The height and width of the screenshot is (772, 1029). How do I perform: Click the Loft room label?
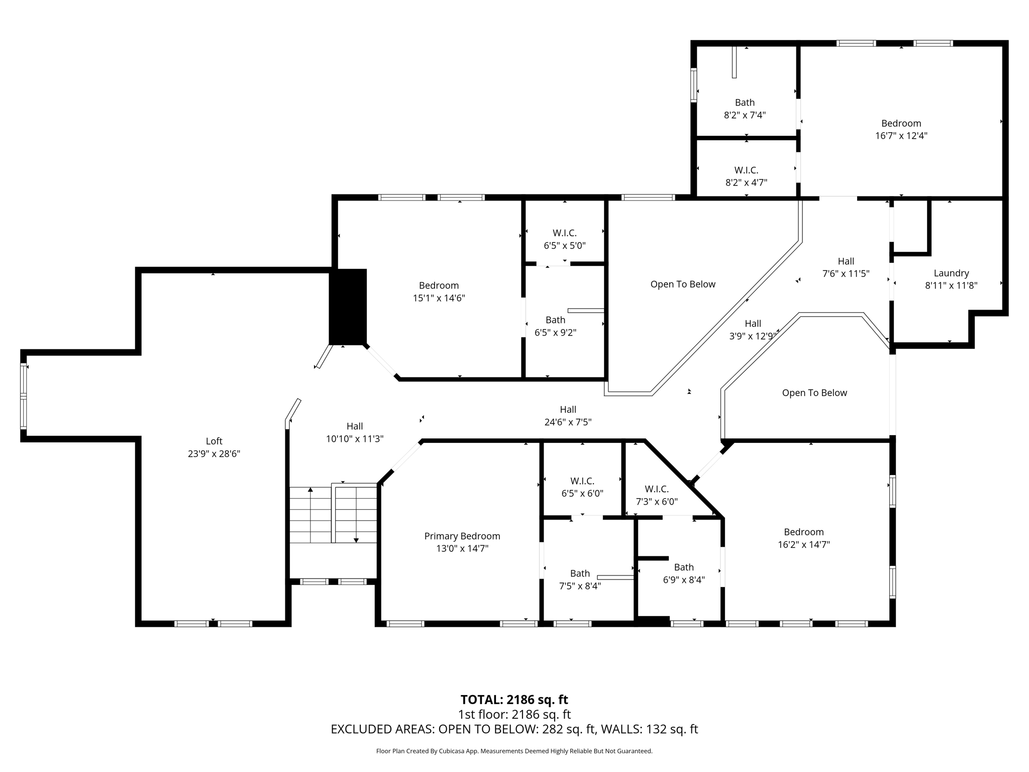click(x=214, y=441)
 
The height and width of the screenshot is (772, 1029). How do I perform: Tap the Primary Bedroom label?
click(x=462, y=536)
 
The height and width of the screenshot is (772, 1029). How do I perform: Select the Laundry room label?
click(x=951, y=273)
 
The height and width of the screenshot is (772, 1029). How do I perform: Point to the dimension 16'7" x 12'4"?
click(x=901, y=136)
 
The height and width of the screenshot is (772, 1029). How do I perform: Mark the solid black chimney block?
click(x=348, y=307)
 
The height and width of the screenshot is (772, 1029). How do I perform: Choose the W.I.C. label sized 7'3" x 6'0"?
click(x=656, y=489)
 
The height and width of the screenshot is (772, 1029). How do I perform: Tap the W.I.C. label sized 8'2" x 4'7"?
click(x=746, y=170)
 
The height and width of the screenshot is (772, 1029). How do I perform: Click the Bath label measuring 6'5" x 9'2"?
click(x=555, y=320)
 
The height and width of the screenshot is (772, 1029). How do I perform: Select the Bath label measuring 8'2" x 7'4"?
click(x=745, y=103)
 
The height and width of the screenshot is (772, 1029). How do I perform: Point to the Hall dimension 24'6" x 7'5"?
click(x=568, y=422)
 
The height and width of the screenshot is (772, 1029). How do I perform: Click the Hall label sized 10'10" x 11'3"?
click(x=354, y=426)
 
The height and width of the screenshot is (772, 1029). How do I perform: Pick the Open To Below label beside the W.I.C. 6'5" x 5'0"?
click(x=682, y=284)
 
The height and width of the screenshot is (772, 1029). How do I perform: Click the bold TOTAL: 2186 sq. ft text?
click(x=514, y=700)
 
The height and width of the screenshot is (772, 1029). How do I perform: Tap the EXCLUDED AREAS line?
click(x=514, y=729)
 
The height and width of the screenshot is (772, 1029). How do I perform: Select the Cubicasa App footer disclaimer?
click(x=514, y=751)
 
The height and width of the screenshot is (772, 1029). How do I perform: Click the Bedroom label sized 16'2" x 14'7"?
click(x=803, y=532)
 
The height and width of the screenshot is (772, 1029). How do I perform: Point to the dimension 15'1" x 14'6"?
click(x=439, y=298)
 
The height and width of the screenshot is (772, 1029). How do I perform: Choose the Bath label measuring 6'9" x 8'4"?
click(x=683, y=567)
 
